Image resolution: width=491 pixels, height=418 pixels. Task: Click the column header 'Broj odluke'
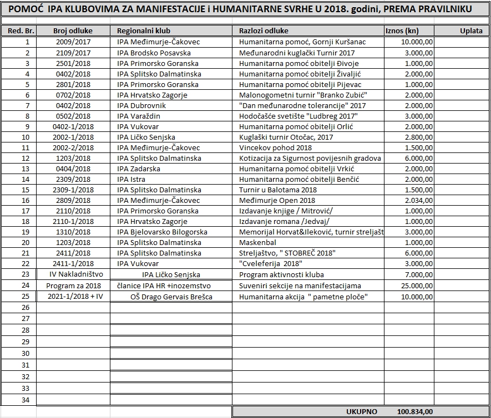pyautogui.click(x=73, y=31)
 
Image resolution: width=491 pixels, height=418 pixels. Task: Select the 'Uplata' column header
pyautogui.click(x=471, y=31)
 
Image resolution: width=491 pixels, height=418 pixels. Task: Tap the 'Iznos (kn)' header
pyautogui.click(x=402, y=31)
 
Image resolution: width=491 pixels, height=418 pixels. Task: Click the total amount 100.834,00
pyautogui.click(x=415, y=412)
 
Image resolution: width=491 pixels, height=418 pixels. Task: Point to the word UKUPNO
pyautogui.click(x=361, y=412)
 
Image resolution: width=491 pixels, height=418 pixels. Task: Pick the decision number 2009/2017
pyautogui.click(x=73, y=42)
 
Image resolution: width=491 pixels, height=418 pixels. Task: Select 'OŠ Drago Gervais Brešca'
pyautogui.click(x=171, y=297)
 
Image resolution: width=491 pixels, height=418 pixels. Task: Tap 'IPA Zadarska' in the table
pyautogui.click(x=139, y=169)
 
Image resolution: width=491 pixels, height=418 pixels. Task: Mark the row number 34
pyautogui.click(x=24, y=400)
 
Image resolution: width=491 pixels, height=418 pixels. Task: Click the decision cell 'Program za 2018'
pyautogui.click(x=73, y=286)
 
